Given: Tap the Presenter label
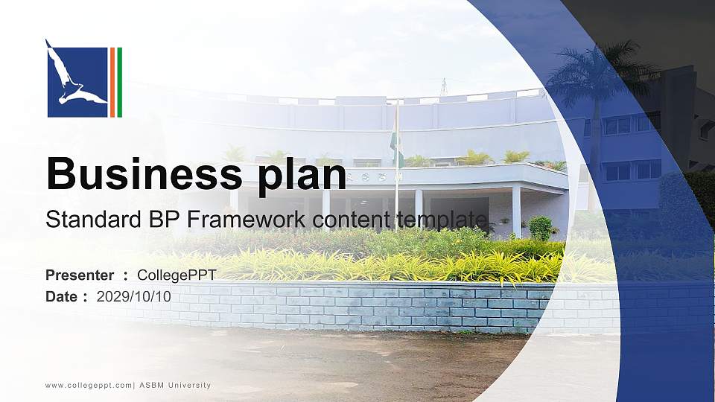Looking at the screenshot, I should point(80,275).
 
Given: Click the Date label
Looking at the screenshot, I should point(62,296).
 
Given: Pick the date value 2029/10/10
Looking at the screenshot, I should point(133,296).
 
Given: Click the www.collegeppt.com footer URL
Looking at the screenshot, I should point(89,386).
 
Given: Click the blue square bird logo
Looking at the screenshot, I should point(77,82).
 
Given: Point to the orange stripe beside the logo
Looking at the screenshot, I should point(112,82).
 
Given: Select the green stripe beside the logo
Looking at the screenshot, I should point(119,82).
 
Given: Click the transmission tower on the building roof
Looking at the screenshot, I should point(444,86).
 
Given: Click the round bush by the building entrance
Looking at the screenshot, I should point(541,228).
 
